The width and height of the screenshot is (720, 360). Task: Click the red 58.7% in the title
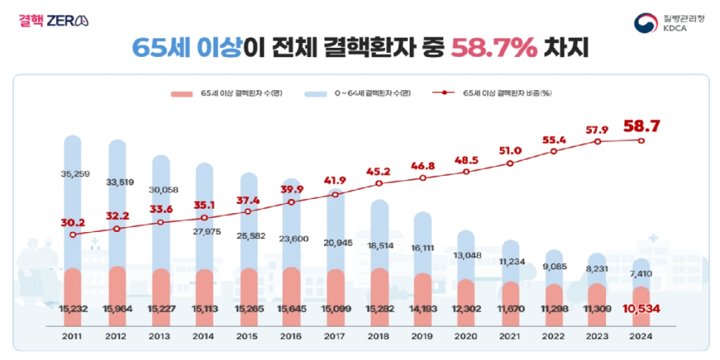pos(494,48)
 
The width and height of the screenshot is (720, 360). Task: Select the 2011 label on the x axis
pos(72,337)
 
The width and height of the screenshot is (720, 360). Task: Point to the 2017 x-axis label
pos(335,337)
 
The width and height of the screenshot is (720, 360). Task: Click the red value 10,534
pos(641,309)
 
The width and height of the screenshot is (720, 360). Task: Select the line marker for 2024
pos(641,140)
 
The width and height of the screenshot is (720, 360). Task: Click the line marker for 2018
pos(379,184)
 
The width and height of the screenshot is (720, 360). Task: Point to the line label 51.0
pos(510,150)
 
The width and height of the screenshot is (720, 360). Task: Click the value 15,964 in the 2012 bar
pos(116,309)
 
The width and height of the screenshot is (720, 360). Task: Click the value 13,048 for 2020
pos(466,255)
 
